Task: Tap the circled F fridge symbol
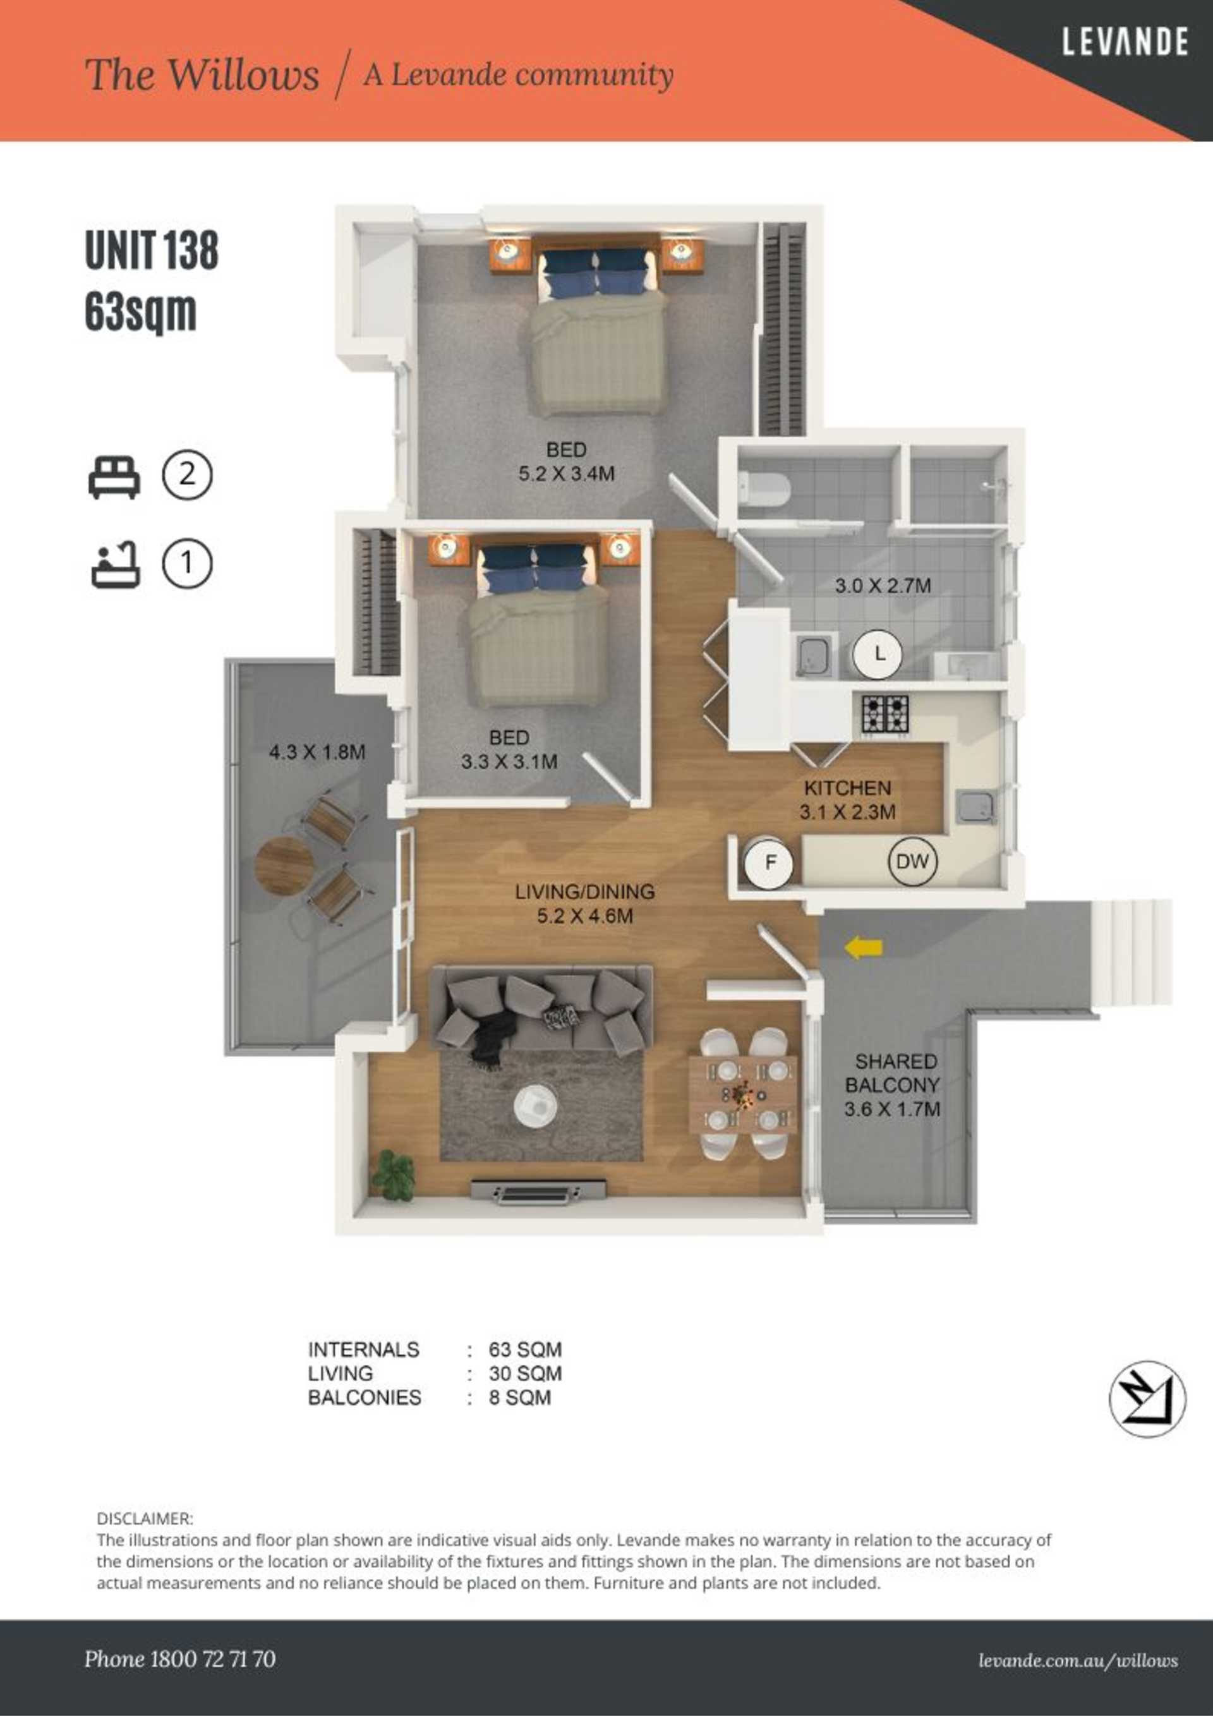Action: point(769,863)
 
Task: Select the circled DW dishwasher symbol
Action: point(912,862)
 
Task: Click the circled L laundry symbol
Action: point(879,654)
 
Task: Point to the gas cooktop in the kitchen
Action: point(885,714)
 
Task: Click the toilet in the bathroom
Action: point(764,487)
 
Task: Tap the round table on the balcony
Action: point(284,866)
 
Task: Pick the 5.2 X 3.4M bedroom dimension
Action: point(567,474)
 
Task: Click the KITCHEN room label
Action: point(848,788)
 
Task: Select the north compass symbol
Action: point(1147,1399)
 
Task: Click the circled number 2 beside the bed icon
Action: point(187,475)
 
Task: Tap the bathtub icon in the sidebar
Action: point(115,565)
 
